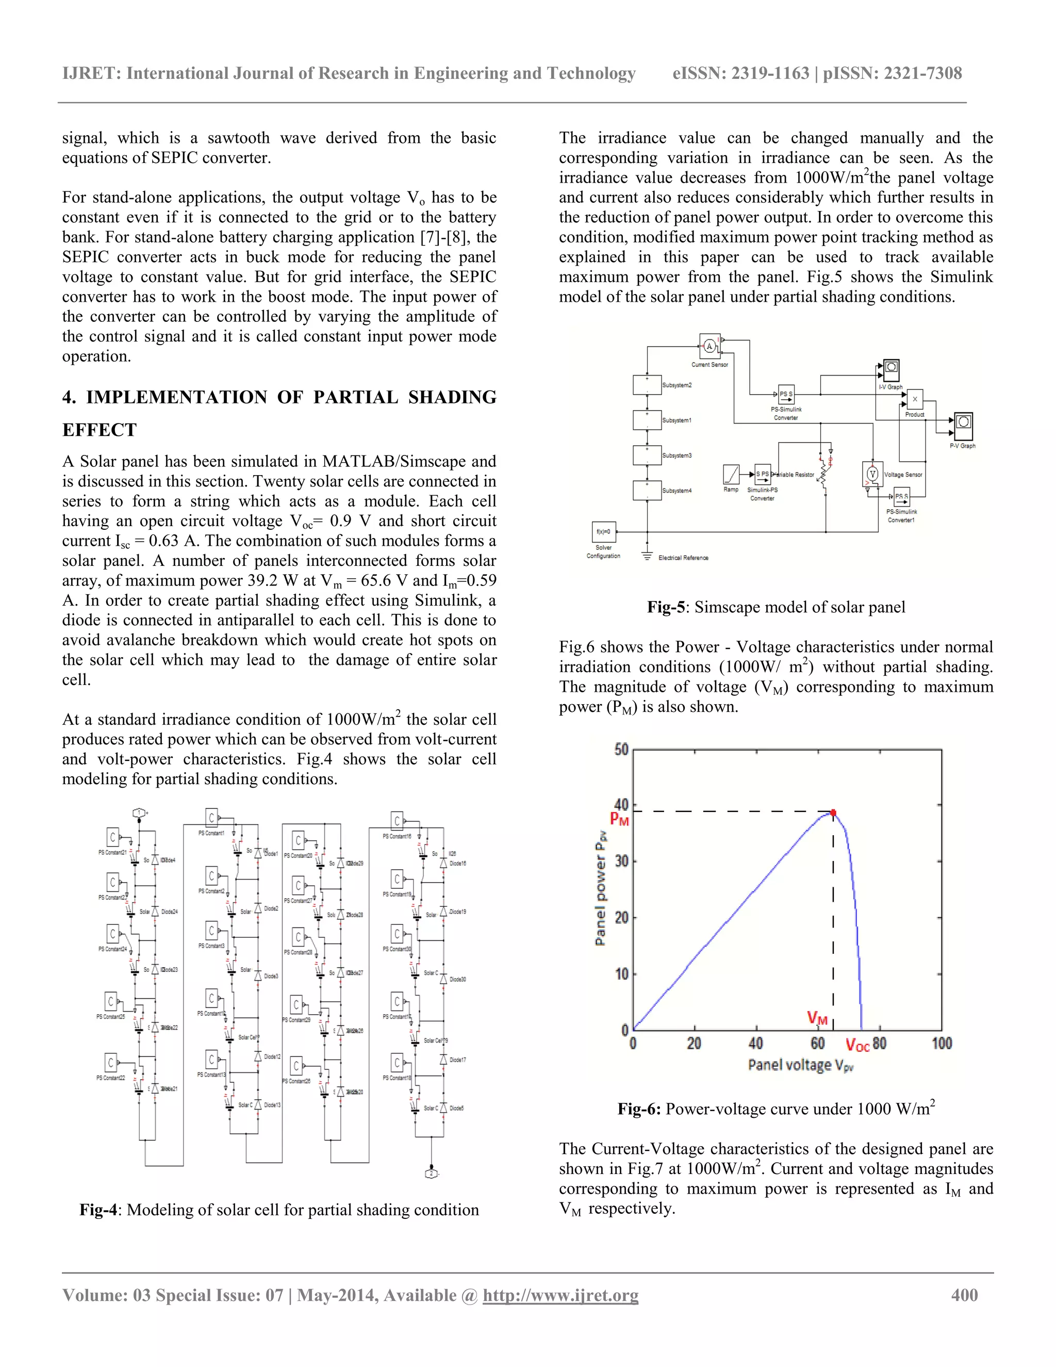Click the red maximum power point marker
pyautogui.click(x=833, y=813)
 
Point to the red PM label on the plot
pyautogui.click(x=619, y=819)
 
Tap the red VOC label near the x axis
pyautogui.click(x=857, y=1045)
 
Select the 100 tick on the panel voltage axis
pyautogui.click(x=942, y=1044)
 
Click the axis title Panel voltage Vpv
pyautogui.click(x=800, y=1065)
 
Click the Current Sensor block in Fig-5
pyautogui.click(x=709, y=346)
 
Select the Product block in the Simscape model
pyautogui.click(x=914, y=399)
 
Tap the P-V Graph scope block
pyautogui.click(x=963, y=423)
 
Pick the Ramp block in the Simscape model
pyautogui.click(x=731, y=474)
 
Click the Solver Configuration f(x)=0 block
pyautogui.click(x=603, y=531)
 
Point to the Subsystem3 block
pyautogui.click(x=647, y=454)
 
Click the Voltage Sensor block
pyautogui.click(x=872, y=475)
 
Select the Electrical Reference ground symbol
pyautogui.click(x=648, y=556)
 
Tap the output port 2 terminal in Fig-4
pyautogui.click(x=431, y=1173)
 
